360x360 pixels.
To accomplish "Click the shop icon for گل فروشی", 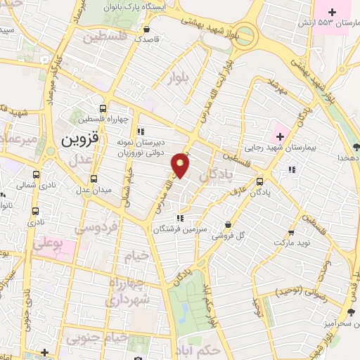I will pyautogui.click(x=228, y=225).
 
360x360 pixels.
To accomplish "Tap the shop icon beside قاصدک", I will pyautogui.click(x=146, y=30).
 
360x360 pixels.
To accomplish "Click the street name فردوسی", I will pyautogui.click(x=91, y=228).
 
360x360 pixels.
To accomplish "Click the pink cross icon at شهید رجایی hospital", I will pyautogui.click(x=278, y=134).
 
